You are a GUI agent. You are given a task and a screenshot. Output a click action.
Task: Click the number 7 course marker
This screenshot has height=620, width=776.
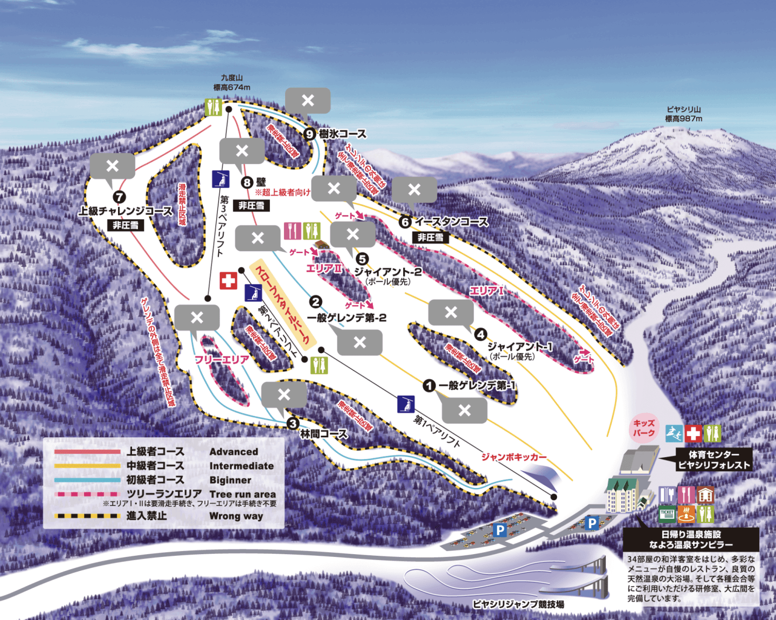pyautogui.click(x=119, y=198)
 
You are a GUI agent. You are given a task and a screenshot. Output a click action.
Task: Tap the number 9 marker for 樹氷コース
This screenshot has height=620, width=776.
pyautogui.click(x=309, y=134)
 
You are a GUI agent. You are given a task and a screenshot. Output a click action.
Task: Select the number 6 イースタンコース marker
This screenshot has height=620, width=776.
pyautogui.click(x=405, y=222)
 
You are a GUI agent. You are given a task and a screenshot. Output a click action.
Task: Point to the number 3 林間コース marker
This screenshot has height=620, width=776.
pyautogui.click(x=293, y=423)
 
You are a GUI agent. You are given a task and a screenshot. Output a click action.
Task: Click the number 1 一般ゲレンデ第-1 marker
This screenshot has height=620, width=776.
pyautogui.click(x=429, y=385)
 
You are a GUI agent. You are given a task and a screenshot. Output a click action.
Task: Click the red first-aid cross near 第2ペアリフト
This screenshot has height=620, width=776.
pyautogui.click(x=228, y=280)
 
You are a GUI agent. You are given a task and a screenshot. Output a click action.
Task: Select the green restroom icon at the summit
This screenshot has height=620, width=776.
pyautogui.click(x=213, y=107)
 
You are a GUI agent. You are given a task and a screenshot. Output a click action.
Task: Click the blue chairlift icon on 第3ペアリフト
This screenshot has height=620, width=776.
pyautogui.click(x=220, y=178)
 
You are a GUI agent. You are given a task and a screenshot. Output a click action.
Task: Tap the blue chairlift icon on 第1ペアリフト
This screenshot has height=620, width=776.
pyautogui.click(x=406, y=404)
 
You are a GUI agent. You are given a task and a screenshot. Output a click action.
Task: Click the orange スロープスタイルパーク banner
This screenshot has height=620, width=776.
pyautogui.click(x=282, y=304)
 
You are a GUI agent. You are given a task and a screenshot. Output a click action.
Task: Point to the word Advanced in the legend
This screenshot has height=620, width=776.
pyautogui.click(x=233, y=452)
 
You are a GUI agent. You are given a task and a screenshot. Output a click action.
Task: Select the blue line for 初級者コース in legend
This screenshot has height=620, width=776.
pyautogui.click(x=87, y=480)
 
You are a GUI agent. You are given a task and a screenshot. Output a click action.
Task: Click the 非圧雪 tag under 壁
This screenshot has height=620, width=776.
pyautogui.click(x=251, y=205)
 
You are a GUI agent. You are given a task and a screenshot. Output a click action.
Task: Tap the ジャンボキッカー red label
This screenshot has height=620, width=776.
pyautogui.click(x=514, y=457)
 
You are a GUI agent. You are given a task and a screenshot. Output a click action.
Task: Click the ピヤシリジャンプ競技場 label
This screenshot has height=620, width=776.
pyautogui.click(x=518, y=604)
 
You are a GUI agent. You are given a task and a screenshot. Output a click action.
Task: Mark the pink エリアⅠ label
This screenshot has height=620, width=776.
pyautogui.click(x=486, y=291)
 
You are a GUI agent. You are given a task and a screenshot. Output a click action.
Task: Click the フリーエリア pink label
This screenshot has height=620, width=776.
pyautogui.click(x=221, y=360)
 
